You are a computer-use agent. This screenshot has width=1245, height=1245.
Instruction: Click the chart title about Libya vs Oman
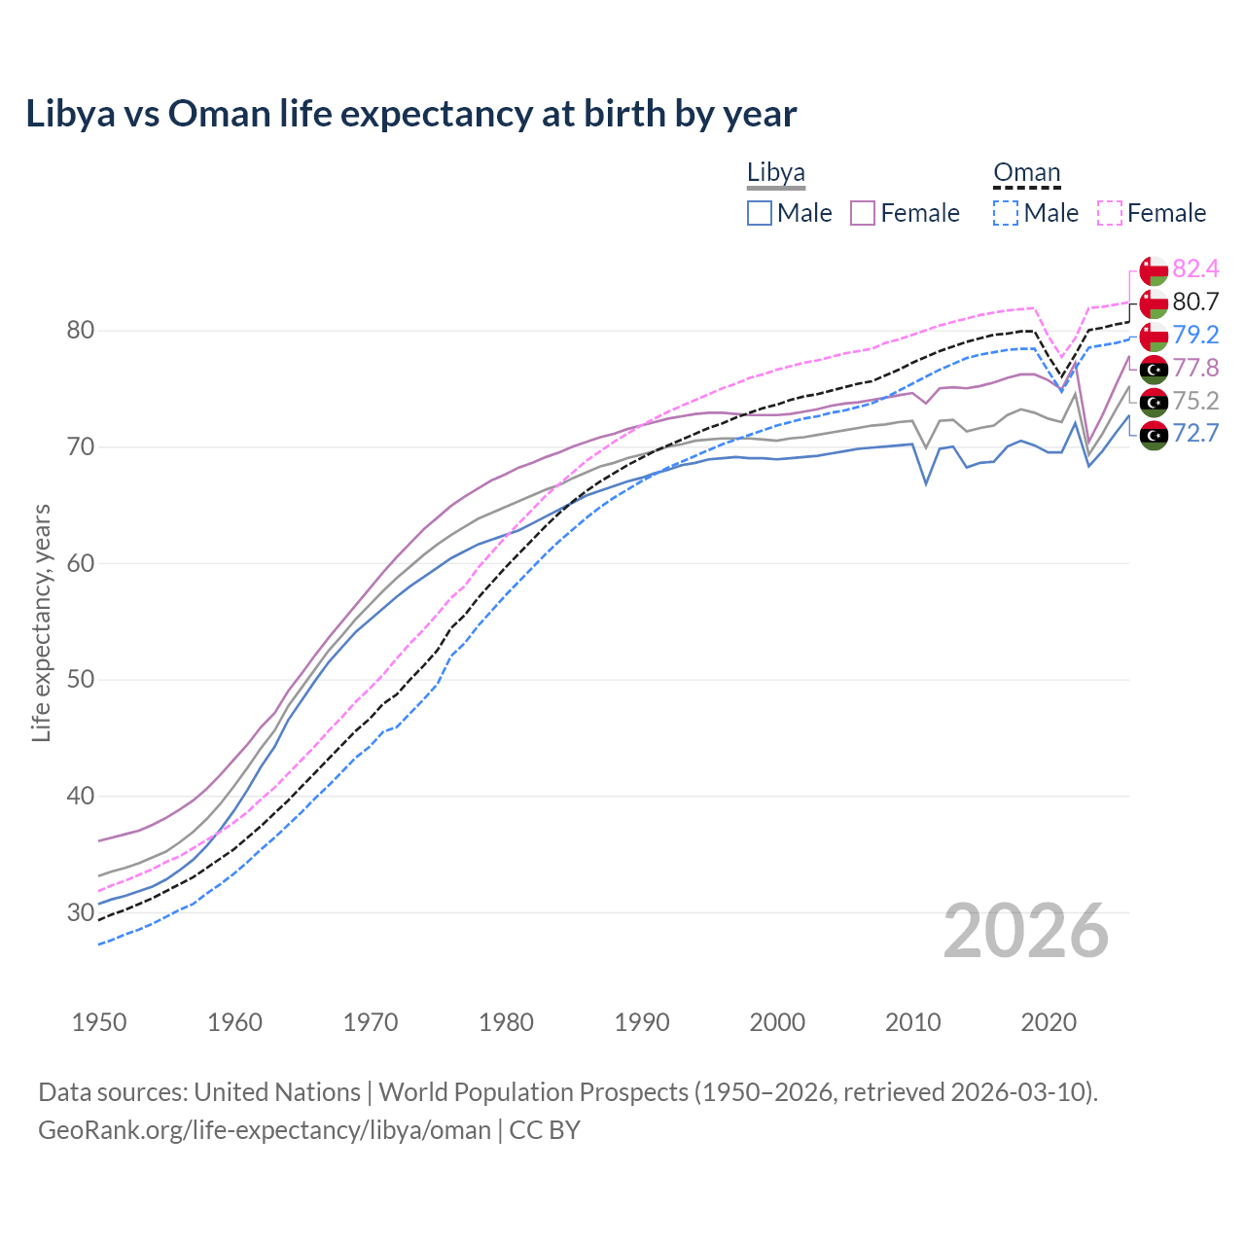coord(410,114)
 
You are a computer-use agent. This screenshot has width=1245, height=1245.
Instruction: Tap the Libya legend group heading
coord(775,173)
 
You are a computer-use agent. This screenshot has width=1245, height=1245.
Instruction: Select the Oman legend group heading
coord(1026,173)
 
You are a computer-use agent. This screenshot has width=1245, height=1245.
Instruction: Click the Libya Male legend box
coord(760,213)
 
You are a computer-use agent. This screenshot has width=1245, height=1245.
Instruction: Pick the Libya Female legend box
coord(863,213)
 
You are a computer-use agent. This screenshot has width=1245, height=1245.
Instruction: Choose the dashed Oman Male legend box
coord(1006,213)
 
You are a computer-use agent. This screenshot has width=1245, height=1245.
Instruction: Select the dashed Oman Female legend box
coord(1109,213)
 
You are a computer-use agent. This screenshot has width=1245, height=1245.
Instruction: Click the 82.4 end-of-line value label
coord(1195,269)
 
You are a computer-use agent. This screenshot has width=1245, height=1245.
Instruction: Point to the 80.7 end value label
coord(1195,302)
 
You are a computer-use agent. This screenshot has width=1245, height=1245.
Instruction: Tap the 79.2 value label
coord(1195,336)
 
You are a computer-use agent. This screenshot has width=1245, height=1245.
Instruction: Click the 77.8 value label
coord(1195,369)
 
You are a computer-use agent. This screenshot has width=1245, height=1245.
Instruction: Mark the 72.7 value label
coord(1195,434)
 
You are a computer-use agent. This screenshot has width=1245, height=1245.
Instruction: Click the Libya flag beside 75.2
coord(1154,402)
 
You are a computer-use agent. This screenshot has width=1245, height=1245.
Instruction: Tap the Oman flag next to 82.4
coord(1154,270)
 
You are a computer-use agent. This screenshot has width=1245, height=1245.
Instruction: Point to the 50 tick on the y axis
coord(81,680)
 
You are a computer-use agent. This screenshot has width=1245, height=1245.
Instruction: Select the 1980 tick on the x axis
coord(506,1022)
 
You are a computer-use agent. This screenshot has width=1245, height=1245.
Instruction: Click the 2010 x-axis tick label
coord(912,1022)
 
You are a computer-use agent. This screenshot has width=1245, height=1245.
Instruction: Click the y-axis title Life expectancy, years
coord(41,622)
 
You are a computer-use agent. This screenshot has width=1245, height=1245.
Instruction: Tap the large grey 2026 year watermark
coord(1026,932)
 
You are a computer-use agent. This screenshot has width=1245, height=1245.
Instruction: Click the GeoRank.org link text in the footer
coord(265,1130)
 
